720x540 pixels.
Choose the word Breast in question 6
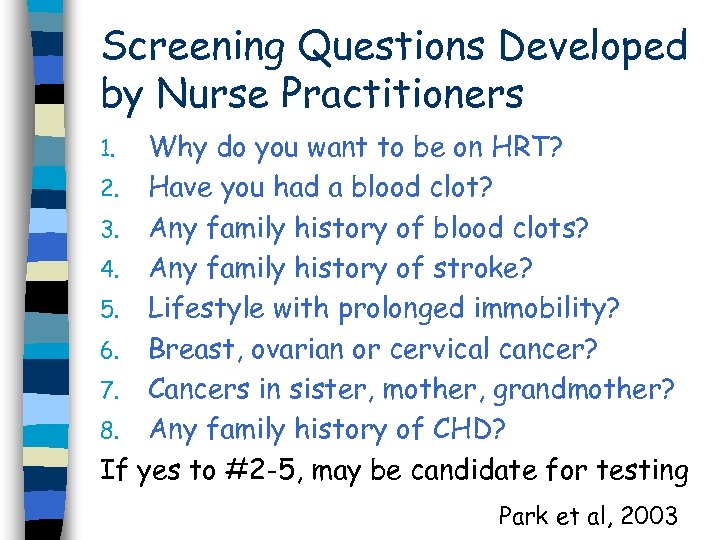click(197, 350)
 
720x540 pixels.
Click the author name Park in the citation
click(522, 516)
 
